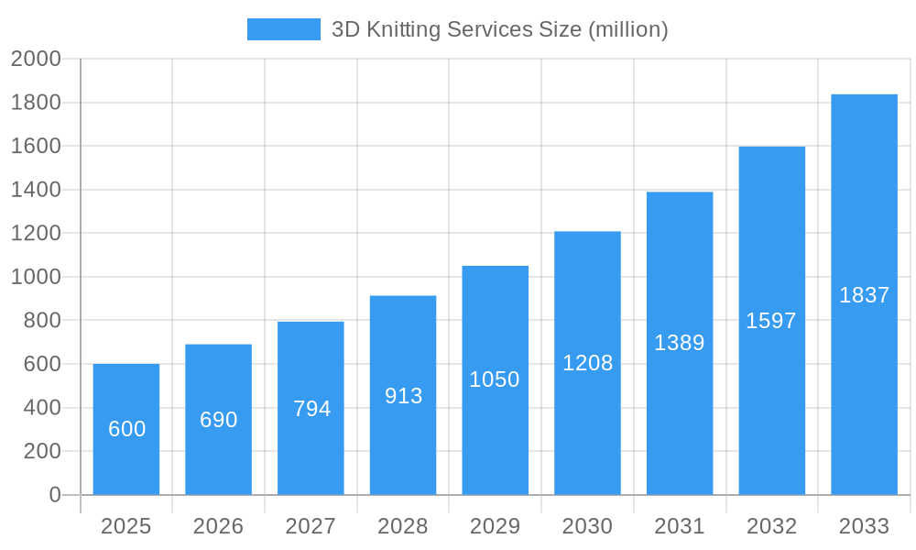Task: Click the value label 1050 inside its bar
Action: click(495, 379)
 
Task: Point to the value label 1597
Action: click(771, 321)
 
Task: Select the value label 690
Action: click(219, 420)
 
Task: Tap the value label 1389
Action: click(680, 343)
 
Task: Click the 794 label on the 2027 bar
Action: click(311, 409)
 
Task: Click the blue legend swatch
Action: click(284, 29)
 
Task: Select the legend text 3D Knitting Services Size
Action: click(499, 29)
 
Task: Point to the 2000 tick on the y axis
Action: click(36, 59)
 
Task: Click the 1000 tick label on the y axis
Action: click(36, 277)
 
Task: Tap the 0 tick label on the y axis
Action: click(54, 495)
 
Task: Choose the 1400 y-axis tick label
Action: click(36, 190)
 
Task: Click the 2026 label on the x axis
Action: click(219, 526)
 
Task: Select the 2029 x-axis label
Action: click(495, 526)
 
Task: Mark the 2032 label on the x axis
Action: click(771, 526)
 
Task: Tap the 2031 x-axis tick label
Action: click(680, 526)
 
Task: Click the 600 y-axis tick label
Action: click(42, 364)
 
